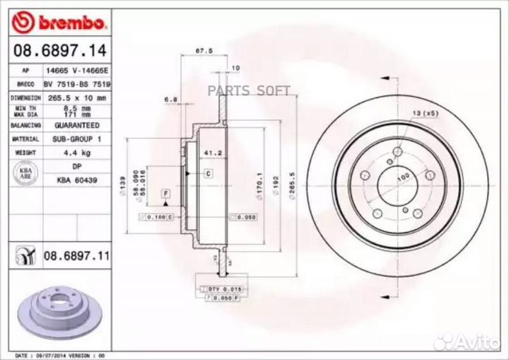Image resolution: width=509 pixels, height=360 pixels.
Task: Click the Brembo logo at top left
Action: (60, 23)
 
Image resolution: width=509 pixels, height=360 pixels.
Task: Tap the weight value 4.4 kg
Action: (76, 152)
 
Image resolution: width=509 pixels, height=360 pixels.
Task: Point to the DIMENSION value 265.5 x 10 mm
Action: (76, 98)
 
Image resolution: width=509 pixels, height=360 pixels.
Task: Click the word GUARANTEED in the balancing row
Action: (76, 125)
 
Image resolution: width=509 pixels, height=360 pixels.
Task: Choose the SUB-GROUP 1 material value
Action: (76, 139)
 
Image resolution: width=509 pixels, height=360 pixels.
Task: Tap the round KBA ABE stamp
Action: (25, 174)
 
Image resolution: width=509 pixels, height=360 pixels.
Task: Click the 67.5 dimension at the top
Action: (204, 50)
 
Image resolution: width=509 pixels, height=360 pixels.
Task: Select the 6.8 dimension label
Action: (170, 99)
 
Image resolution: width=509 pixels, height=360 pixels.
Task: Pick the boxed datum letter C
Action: (209, 173)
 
